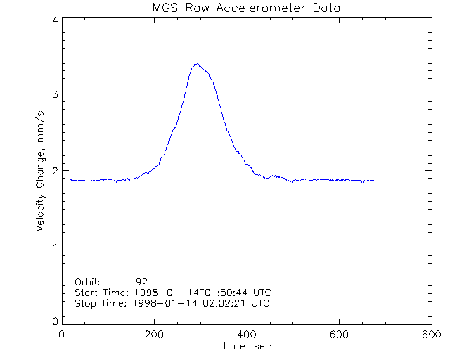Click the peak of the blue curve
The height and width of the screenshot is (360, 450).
198,64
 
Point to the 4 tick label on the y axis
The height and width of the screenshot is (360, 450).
54,20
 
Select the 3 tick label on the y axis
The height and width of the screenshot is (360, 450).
54,94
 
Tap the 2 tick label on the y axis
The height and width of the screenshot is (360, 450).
54,171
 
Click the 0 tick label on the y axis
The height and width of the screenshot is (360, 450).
54,321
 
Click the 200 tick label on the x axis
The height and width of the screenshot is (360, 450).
154,335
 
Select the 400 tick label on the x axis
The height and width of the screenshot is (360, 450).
246,335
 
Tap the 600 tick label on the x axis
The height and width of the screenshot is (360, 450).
338,335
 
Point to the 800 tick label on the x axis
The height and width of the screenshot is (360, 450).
430,335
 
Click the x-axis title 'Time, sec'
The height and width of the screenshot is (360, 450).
246,346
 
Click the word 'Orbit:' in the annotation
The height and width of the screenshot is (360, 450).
88,282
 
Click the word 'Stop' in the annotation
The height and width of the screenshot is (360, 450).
85,303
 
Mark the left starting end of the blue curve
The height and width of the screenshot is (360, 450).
70,180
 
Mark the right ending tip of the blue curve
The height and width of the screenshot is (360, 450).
375,181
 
